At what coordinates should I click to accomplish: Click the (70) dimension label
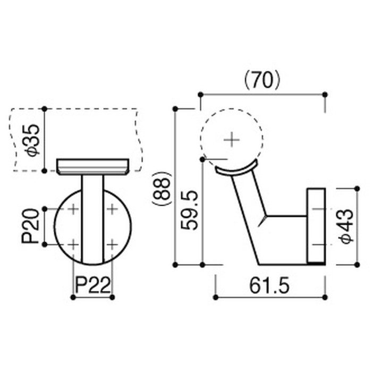[263, 81]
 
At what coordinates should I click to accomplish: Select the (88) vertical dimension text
[162, 188]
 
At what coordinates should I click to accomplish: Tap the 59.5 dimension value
[189, 210]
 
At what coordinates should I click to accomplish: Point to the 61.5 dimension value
[269, 286]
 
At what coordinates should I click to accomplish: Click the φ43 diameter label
[346, 226]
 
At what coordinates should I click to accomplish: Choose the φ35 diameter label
[33, 140]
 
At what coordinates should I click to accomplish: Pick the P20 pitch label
[30, 226]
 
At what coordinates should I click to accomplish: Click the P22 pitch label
[93, 285]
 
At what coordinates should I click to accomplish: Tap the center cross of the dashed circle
[232, 140]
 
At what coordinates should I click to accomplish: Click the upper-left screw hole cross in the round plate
[73, 209]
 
